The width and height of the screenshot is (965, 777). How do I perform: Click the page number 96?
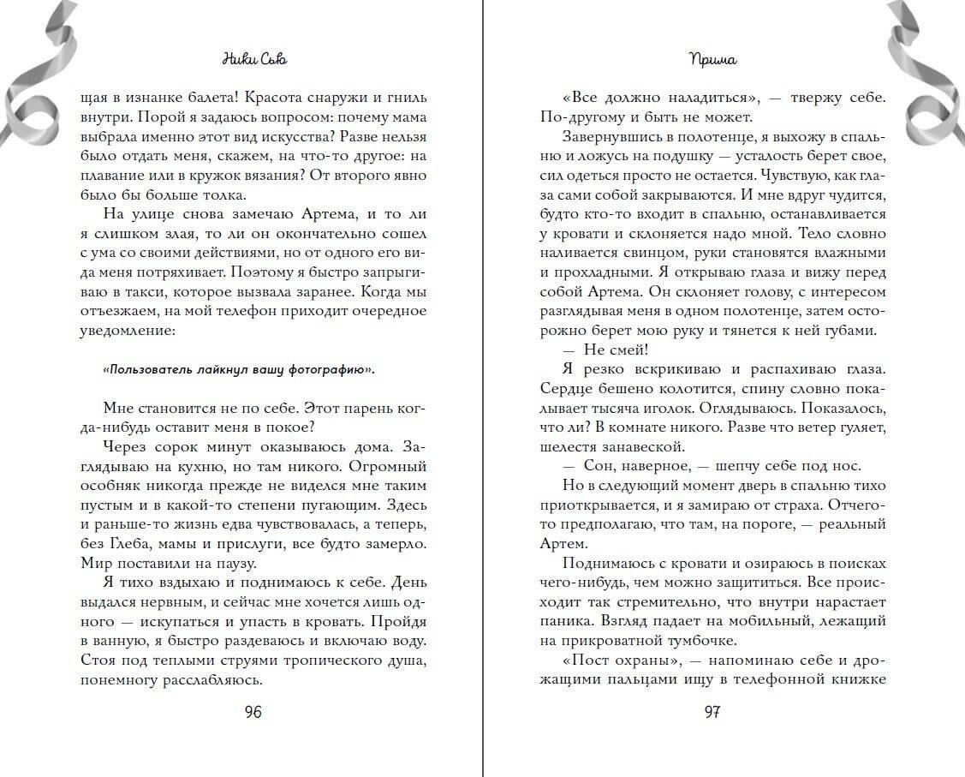pyautogui.click(x=253, y=713)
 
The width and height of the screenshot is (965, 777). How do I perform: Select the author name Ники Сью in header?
pyautogui.click(x=253, y=61)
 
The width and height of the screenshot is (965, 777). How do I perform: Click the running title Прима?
pyautogui.click(x=712, y=61)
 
